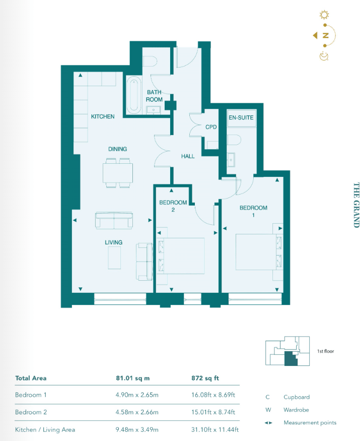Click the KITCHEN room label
click(x=102, y=116)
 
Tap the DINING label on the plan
click(x=117, y=149)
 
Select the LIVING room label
click(x=113, y=242)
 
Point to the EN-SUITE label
click(x=241, y=117)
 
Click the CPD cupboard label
click(x=211, y=127)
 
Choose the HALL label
click(x=188, y=156)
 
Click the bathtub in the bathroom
click(x=133, y=95)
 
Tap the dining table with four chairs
click(x=118, y=173)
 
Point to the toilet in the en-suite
click(x=235, y=139)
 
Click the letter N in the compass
click(x=326, y=35)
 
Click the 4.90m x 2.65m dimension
click(x=137, y=395)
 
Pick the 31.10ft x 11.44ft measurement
click(x=212, y=429)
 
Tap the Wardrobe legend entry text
click(x=296, y=410)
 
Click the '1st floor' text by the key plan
click(x=326, y=351)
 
